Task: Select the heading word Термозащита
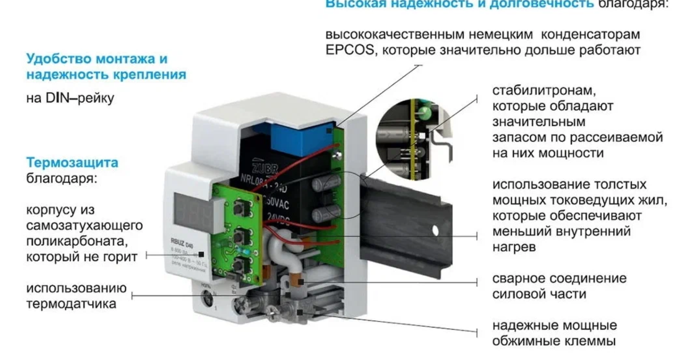pos(72,163)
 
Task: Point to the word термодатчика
pos(71,303)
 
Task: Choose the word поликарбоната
pos(76,242)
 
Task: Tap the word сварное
pos(518,278)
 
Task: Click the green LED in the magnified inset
pos(424,112)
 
